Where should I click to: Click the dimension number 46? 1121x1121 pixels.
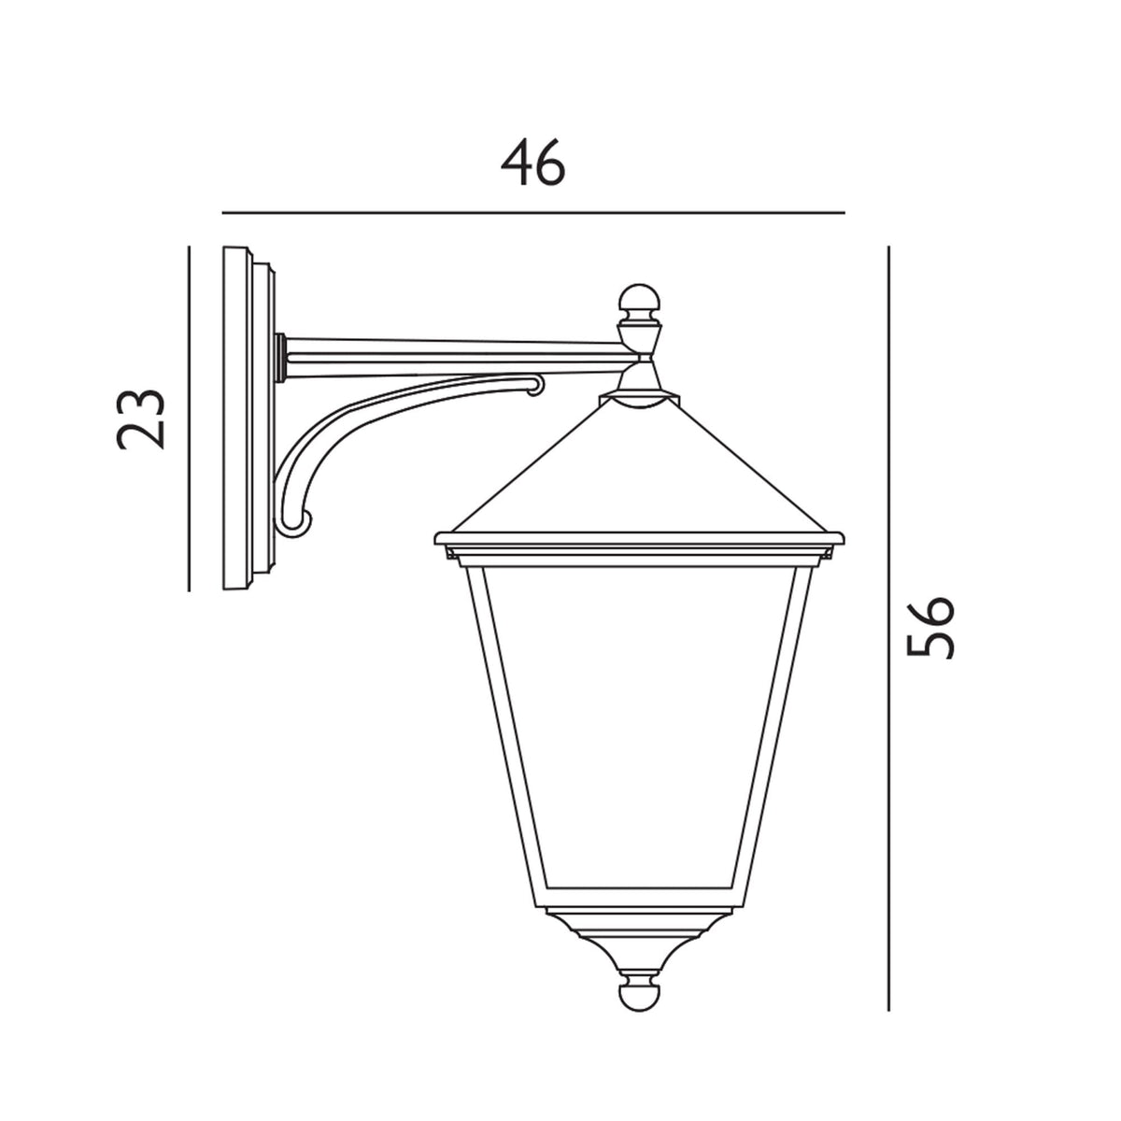(533, 164)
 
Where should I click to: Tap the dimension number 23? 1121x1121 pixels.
(141, 418)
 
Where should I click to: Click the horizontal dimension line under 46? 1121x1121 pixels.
(533, 213)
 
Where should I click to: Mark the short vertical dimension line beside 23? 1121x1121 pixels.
(189, 418)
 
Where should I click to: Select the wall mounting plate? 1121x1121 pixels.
(245, 418)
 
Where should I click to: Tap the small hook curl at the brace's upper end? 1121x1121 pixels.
(535, 384)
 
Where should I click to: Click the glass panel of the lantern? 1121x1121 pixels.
(641, 729)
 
